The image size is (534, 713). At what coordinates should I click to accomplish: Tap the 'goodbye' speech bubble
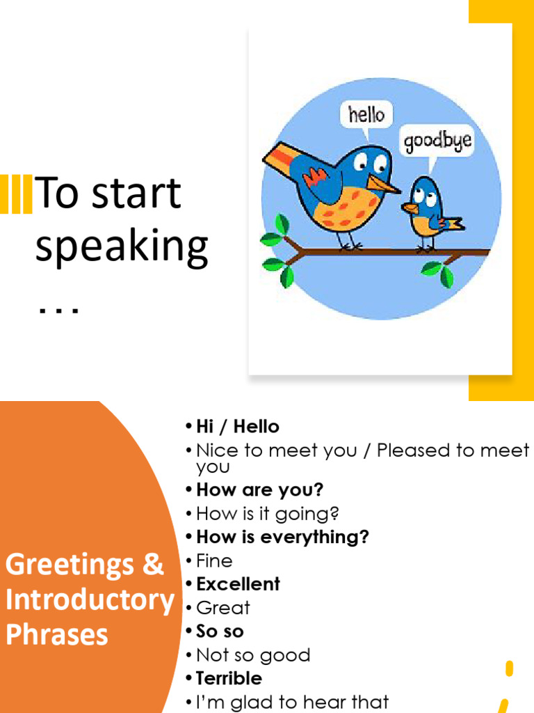437,141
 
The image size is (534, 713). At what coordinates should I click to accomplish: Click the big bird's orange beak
383,184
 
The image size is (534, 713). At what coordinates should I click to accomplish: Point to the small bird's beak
410,207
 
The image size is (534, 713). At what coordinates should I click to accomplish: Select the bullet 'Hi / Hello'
237,426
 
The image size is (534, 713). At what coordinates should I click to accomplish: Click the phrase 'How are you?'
259,489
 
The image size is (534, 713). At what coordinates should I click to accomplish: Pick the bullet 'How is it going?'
267,514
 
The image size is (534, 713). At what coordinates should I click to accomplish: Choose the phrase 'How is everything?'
282,537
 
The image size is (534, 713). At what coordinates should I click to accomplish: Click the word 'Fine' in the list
214,561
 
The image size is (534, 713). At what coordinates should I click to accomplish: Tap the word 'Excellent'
238,583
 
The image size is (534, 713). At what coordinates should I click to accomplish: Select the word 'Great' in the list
222,608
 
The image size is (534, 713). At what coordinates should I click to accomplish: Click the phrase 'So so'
220,632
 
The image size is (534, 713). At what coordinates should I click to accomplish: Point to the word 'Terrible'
229,678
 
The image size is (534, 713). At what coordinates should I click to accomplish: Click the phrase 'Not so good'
253,655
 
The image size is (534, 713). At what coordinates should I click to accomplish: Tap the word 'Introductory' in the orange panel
90,600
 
